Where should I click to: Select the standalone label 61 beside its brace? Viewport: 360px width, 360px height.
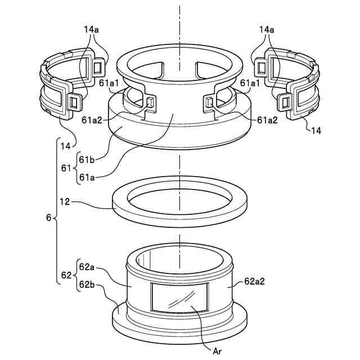(66, 168)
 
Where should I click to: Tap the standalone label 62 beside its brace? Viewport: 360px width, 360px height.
(66, 275)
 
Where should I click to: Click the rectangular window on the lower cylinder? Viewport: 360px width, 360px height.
(179, 296)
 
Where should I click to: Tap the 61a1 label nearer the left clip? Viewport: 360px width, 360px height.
(109, 83)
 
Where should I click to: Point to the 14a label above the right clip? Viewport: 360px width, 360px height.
(268, 28)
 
